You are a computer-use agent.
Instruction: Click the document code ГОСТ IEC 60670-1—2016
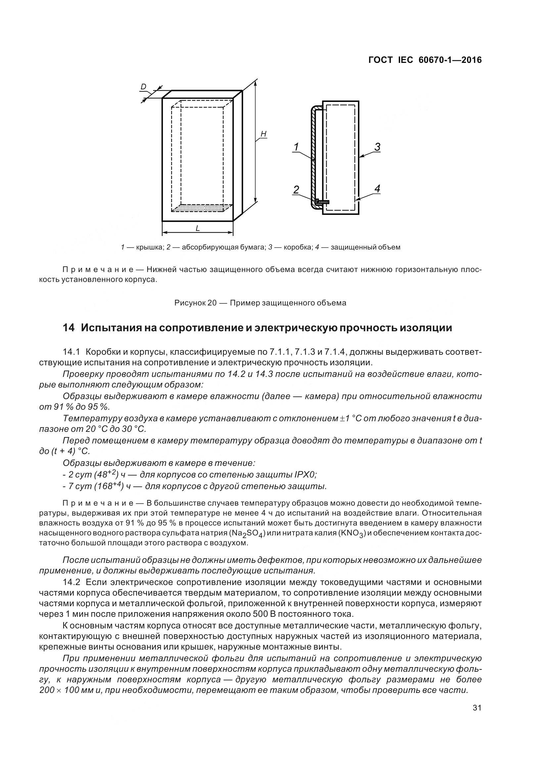point(425,60)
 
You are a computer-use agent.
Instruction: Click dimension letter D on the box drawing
point(143,87)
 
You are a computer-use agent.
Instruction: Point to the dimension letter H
point(263,134)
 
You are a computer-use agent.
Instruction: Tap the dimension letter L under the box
point(198,228)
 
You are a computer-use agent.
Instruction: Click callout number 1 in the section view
point(296,147)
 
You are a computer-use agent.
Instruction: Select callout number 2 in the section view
point(296,190)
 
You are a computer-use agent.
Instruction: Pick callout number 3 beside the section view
point(377,147)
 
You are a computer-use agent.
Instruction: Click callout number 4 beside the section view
point(377,189)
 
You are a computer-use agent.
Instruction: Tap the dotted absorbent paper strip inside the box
point(202,208)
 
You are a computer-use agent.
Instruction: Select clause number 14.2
point(71,582)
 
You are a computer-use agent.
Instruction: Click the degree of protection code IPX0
point(305,475)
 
